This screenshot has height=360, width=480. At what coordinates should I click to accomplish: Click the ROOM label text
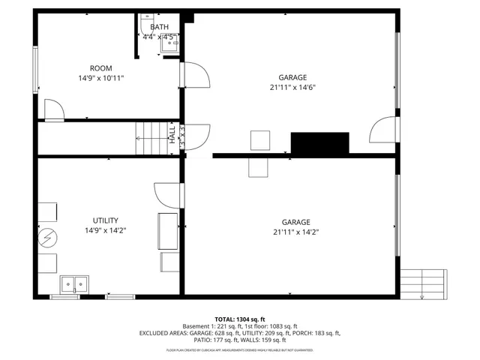101,68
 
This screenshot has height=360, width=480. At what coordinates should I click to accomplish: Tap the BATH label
160,28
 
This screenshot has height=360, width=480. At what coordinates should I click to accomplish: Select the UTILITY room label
102,220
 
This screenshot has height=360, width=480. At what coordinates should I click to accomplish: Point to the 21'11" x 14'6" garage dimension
292,87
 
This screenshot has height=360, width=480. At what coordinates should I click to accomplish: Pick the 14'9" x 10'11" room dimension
101,78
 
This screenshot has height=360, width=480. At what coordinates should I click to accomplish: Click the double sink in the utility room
74,283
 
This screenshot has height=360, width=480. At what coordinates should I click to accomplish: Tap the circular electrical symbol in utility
47,238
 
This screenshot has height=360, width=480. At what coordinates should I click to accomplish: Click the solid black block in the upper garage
320,143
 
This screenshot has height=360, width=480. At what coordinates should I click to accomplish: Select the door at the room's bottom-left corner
54,110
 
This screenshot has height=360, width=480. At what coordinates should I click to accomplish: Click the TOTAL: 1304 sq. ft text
240,319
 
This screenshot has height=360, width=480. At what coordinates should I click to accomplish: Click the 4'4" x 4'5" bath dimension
160,37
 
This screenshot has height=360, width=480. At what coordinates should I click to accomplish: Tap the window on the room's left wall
34,70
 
